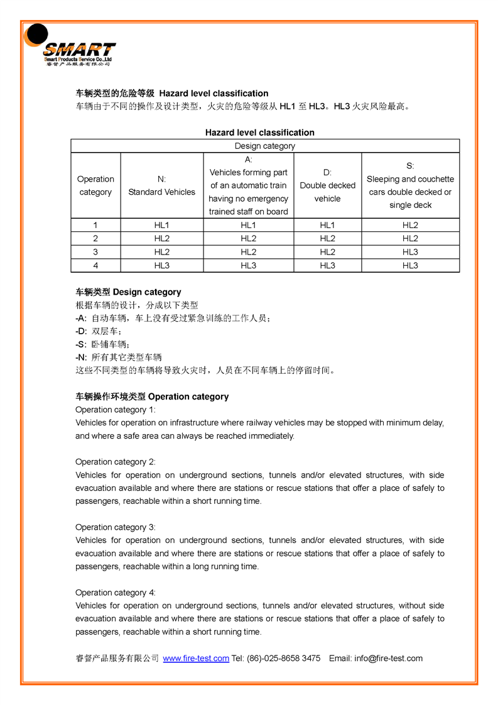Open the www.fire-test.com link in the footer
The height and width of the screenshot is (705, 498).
[196, 659]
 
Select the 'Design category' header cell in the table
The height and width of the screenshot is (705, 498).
[264, 146]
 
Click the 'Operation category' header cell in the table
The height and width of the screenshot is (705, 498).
[95, 185]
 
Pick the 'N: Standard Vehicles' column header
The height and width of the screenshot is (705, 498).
[161, 185]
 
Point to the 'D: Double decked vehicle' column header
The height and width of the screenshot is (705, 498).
[327, 185]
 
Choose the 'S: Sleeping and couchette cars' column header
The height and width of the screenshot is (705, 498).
[410, 185]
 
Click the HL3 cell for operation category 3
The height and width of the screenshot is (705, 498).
[410, 252]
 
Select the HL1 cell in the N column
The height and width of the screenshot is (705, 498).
[161, 225]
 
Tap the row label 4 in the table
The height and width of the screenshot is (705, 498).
[95, 266]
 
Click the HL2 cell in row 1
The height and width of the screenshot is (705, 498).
[410, 225]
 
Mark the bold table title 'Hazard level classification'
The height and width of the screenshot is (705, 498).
[259, 133]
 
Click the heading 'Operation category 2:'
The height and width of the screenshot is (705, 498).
[116, 462]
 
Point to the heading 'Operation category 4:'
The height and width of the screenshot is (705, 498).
[116, 593]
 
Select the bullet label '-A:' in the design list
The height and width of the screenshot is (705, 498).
[81, 318]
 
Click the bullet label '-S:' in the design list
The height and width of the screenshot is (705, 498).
[81, 344]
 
